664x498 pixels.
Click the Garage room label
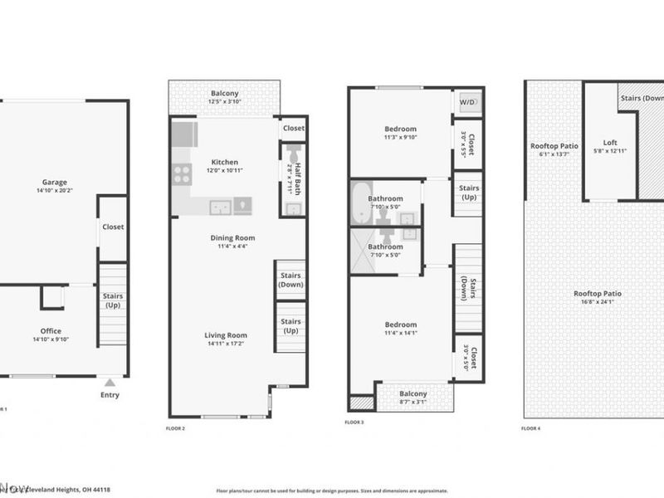pyautogui.click(x=55, y=183)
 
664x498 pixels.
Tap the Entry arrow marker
pyautogui.click(x=110, y=383)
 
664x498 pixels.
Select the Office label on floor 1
pyautogui.click(x=51, y=331)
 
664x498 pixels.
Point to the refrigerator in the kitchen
pyautogui.click(x=184, y=134)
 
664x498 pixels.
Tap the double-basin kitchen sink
pyautogui.click(x=221, y=207)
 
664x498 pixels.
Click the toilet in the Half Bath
pyautogui.click(x=294, y=154)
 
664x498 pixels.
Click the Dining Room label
pyautogui.click(x=232, y=238)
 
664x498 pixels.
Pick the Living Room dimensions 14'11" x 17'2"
pyautogui.click(x=227, y=344)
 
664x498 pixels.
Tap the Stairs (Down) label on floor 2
pyautogui.click(x=290, y=280)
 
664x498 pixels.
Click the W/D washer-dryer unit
pyautogui.click(x=467, y=101)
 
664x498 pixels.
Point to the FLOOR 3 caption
pyautogui.click(x=354, y=422)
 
